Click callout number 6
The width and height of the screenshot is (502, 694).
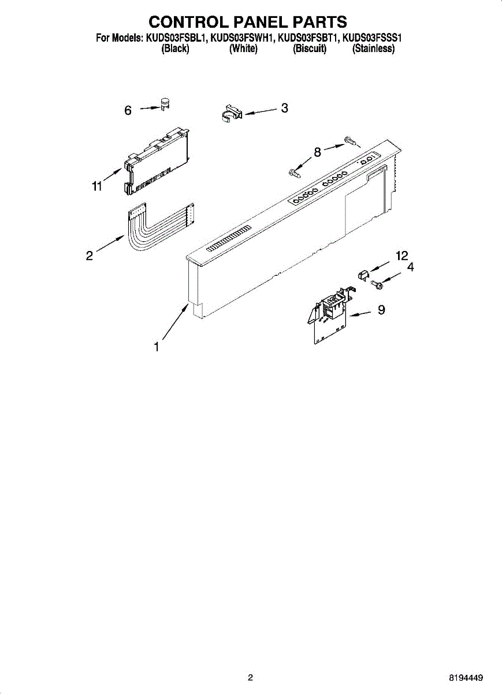click(128, 110)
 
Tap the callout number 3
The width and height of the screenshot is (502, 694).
click(284, 108)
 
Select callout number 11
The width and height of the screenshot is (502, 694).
click(96, 186)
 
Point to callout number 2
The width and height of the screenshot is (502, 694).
click(90, 255)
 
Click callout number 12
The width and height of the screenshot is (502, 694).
click(401, 256)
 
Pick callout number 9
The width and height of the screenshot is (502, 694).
click(381, 310)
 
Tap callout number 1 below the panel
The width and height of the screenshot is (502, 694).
click(156, 347)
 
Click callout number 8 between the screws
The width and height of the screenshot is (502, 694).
click(317, 152)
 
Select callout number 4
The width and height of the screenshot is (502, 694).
click(410, 267)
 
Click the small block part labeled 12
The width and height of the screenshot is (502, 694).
click(365, 274)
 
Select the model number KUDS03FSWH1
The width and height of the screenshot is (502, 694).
click(243, 39)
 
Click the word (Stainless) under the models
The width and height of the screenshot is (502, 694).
click(373, 49)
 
